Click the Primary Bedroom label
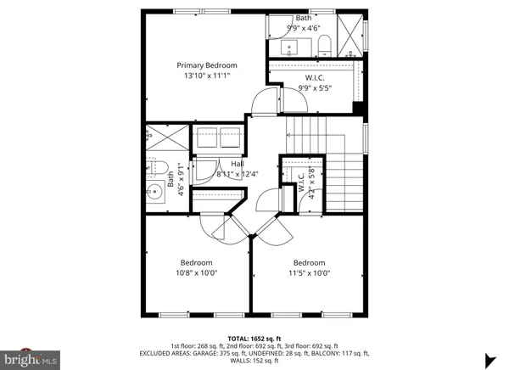(x=206, y=65)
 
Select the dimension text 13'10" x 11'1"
(x=206, y=76)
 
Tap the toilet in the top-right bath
(x=326, y=44)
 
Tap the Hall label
(x=226, y=164)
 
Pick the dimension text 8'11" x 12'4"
(x=226, y=175)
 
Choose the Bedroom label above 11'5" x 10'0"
(x=310, y=262)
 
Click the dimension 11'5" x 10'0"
(x=310, y=273)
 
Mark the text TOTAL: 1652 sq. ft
(x=254, y=339)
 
